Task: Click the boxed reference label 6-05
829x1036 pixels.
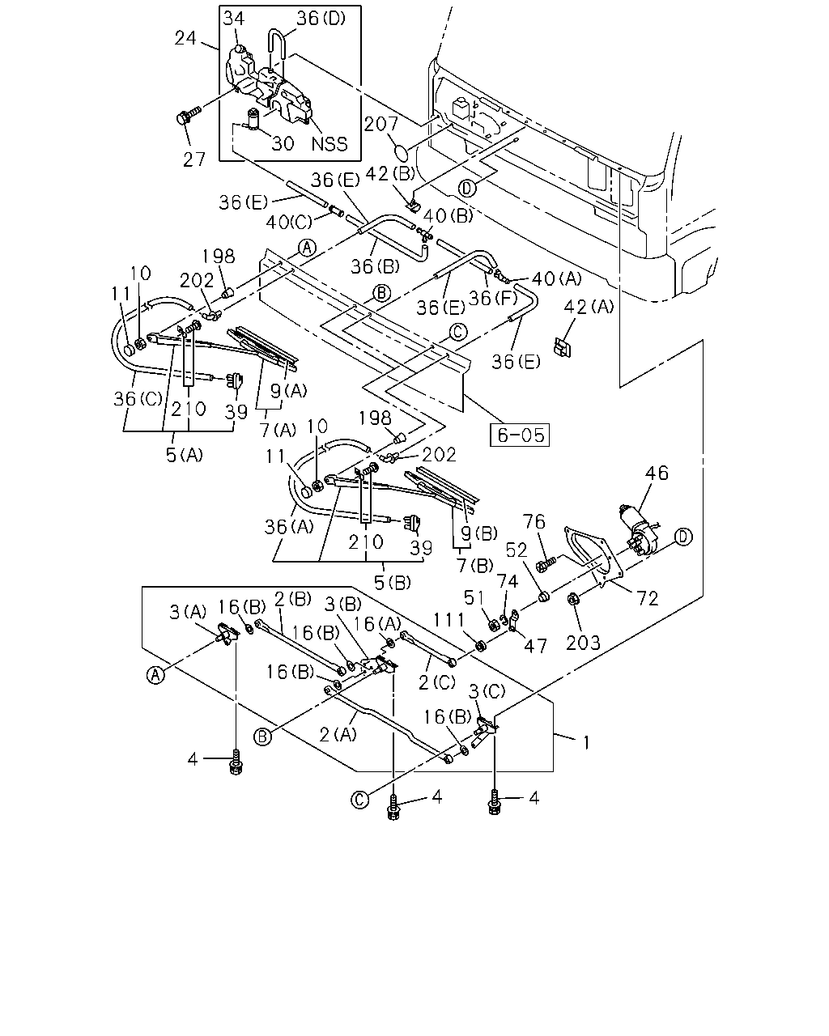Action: (519, 435)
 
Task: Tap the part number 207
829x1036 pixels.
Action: (380, 124)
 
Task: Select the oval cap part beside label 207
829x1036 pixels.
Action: (401, 153)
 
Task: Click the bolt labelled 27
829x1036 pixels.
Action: (187, 117)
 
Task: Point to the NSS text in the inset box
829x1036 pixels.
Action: (329, 144)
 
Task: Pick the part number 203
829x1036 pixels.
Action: (583, 643)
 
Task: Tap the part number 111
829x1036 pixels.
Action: (449, 620)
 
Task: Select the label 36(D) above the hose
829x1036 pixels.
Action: (321, 19)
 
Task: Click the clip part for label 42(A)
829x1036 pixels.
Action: (562, 346)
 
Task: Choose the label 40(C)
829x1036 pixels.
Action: (289, 222)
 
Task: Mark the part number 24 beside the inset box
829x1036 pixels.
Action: (185, 37)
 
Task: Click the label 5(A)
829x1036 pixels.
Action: (185, 454)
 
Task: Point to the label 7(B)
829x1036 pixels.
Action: (474, 565)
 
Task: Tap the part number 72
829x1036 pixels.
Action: (647, 598)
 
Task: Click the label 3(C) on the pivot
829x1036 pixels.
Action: (487, 692)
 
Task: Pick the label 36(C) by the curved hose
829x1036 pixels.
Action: (138, 398)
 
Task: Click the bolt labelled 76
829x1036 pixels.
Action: (548, 562)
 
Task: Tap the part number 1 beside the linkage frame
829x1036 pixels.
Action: (586, 743)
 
